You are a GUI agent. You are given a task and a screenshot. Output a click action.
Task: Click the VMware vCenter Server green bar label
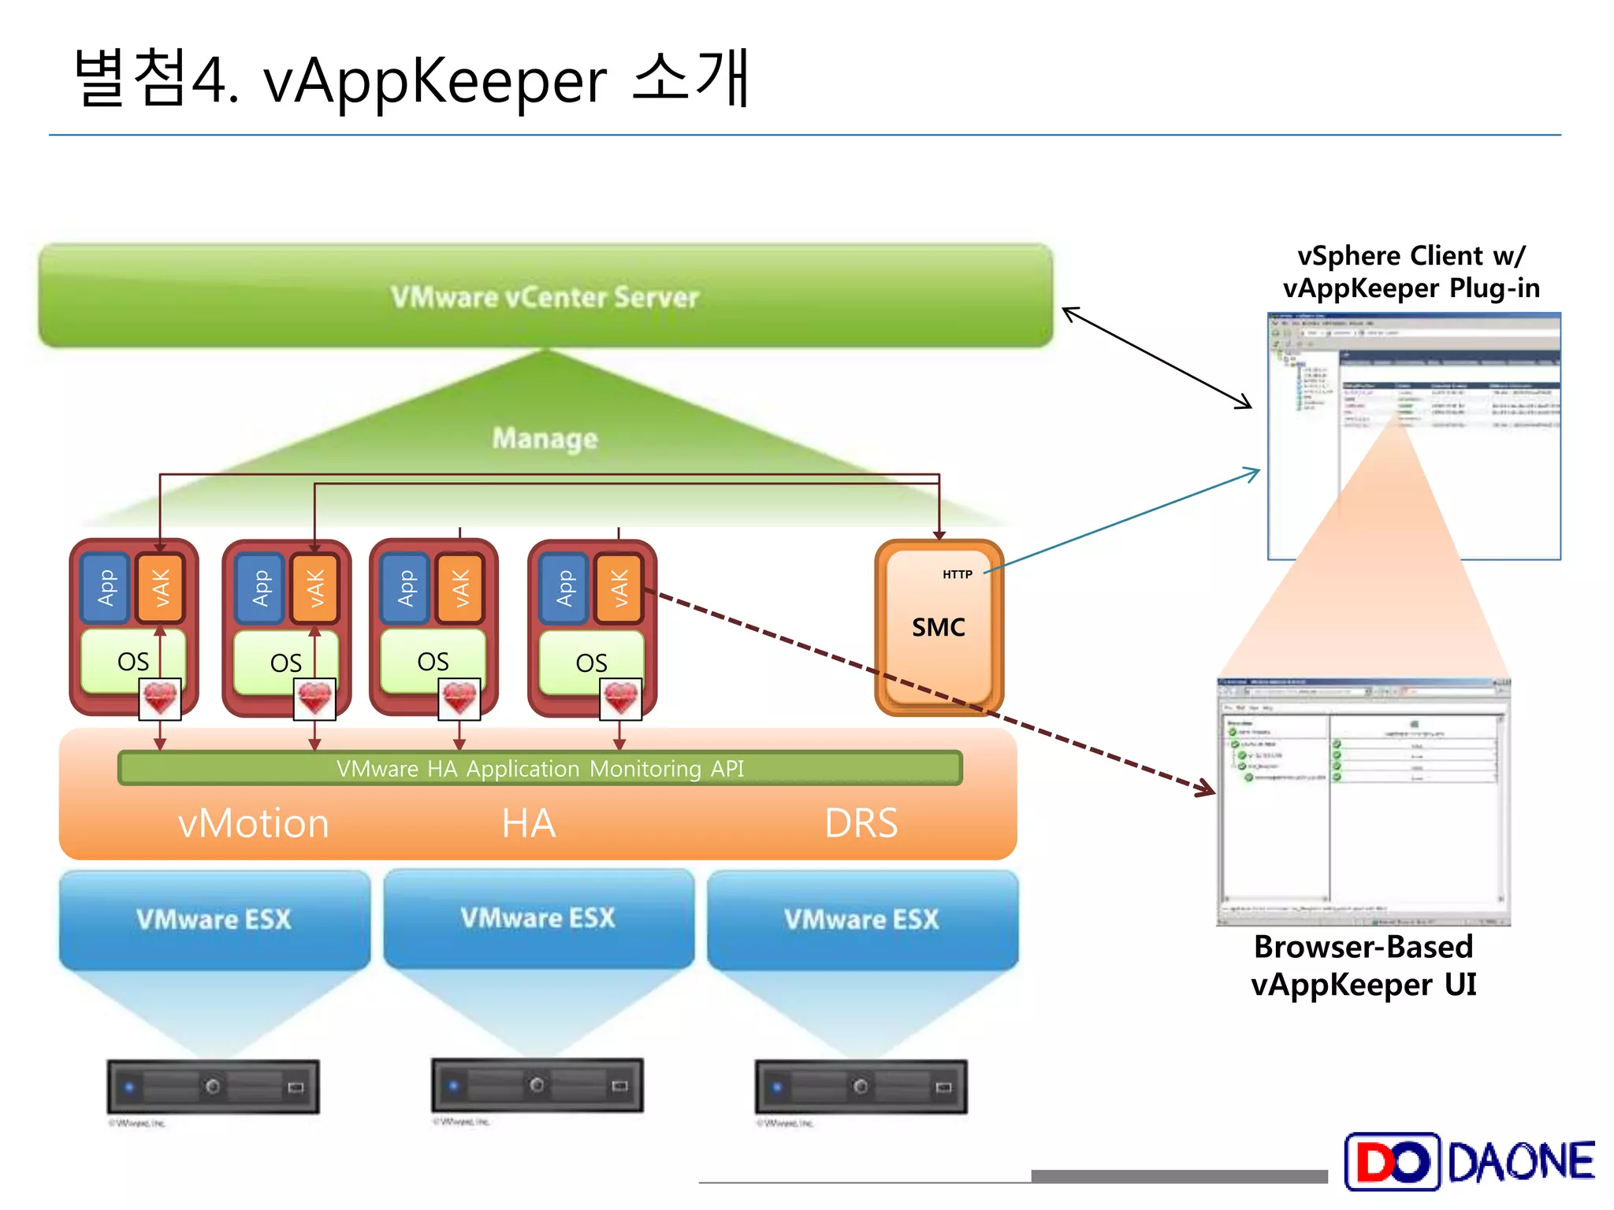click(x=545, y=297)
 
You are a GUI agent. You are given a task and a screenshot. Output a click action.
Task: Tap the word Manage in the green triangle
click(x=545, y=438)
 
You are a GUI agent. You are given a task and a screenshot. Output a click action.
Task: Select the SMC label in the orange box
click(x=938, y=628)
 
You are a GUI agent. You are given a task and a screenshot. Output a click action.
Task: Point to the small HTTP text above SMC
click(x=957, y=574)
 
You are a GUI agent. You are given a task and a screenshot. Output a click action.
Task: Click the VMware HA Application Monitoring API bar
click(x=540, y=768)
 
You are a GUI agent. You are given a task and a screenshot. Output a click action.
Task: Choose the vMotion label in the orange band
click(x=253, y=823)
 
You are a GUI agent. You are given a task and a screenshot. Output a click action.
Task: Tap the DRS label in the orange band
click(x=861, y=823)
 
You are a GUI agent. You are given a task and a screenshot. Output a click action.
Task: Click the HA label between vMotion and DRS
click(x=529, y=823)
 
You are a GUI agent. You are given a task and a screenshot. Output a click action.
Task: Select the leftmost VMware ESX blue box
click(x=214, y=919)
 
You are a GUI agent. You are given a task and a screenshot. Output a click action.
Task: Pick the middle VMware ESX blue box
click(x=538, y=918)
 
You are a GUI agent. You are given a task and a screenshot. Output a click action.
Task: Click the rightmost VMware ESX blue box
click(x=862, y=919)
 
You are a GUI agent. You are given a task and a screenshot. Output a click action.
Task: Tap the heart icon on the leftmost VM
click(x=160, y=699)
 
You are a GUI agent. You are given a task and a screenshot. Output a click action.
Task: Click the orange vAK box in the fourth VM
click(x=619, y=588)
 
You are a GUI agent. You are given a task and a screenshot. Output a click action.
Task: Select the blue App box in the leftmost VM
click(x=106, y=588)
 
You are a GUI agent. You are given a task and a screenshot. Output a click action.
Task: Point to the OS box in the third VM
click(x=433, y=661)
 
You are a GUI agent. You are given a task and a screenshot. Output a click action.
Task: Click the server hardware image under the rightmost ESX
click(x=861, y=1086)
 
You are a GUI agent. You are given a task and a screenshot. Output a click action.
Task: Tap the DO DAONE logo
click(x=1469, y=1161)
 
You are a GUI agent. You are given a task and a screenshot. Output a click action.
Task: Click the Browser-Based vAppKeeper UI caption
click(x=1363, y=966)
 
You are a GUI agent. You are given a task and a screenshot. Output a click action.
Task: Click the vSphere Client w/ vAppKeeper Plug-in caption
click(x=1411, y=272)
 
